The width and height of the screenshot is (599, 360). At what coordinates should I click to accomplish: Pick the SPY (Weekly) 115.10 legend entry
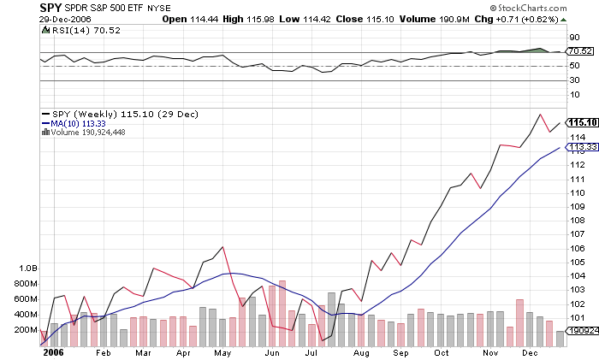coord(102,113)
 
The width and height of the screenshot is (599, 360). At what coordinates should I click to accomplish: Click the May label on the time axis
coord(222,351)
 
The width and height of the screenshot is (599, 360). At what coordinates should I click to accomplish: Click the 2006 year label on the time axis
coord(53,351)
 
